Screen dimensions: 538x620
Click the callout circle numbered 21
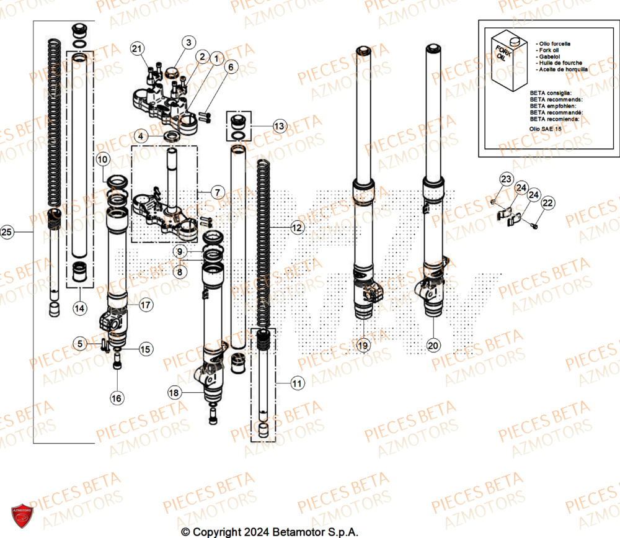(x=137, y=48)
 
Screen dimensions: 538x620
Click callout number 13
(x=280, y=126)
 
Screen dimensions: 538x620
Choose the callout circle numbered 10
(x=103, y=160)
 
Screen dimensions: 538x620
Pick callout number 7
(x=216, y=192)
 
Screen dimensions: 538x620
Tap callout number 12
(x=298, y=228)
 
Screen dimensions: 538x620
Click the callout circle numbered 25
(x=7, y=233)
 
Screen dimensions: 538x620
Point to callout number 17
(x=145, y=305)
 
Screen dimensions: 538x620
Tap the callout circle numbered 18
(x=175, y=392)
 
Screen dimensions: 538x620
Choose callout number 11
(x=298, y=384)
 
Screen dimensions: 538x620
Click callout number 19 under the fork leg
(x=363, y=345)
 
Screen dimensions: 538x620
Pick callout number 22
(x=548, y=203)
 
